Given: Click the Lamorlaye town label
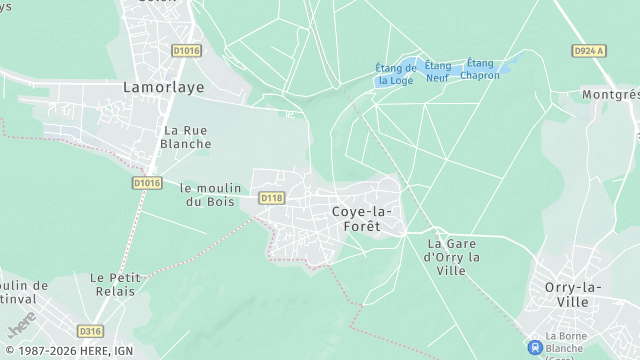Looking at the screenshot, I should coord(163,87).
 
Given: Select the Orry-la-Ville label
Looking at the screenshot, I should coord(579,294).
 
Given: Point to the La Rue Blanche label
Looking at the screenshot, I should coord(187,137).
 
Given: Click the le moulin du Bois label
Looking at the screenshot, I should coord(208,194).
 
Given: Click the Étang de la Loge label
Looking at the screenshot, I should coord(396,74).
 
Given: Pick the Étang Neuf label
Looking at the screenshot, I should coord(437,71).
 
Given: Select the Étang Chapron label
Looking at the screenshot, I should coord(480,69).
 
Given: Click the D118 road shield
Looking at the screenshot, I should coord(271,198).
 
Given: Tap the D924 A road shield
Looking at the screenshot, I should coord(590,50).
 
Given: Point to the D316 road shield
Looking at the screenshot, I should coord(90,331).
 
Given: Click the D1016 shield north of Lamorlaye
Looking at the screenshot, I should coord(186,50).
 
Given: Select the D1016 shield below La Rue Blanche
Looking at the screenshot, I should coord(146,183).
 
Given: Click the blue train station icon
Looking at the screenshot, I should coord(535,346).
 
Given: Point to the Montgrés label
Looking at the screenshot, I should coord(610,94).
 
